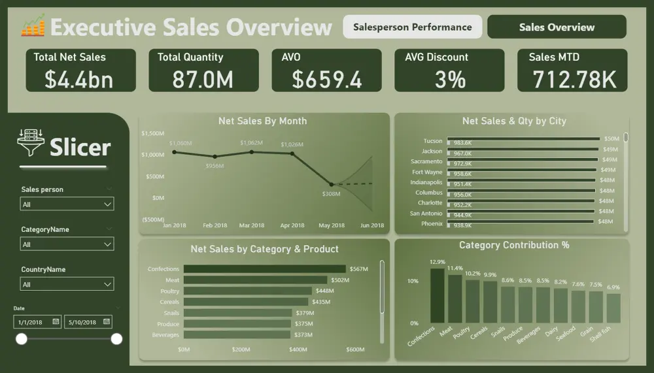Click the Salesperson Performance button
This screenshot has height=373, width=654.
pyautogui.click(x=412, y=27)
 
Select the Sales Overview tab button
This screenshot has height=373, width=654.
pyautogui.click(x=557, y=27)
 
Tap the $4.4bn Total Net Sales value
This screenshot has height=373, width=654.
pyautogui.click(x=78, y=79)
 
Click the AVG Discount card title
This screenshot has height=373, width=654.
pyautogui.click(x=436, y=57)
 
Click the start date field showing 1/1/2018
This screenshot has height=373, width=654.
pyautogui.click(x=33, y=322)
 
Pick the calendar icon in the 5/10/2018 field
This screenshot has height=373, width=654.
pyautogui.click(x=106, y=322)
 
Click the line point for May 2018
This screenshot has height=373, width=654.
pyautogui.click(x=332, y=184)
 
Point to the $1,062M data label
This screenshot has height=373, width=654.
pyautogui.click(x=251, y=142)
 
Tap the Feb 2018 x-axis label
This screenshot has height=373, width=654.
pyautogui.click(x=215, y=225)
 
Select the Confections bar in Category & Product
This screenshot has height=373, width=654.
pyautogui.click(x=264, y=268)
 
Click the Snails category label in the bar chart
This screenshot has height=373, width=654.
pyautogui.click(x=171, y=313)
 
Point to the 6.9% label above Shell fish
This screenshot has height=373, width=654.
pyautogui.click(x=613, y=287)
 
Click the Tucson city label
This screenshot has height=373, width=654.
pyautogui.click(x=433, y=140)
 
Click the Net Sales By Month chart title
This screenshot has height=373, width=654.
pyautogui.click(x=262, y=121)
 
